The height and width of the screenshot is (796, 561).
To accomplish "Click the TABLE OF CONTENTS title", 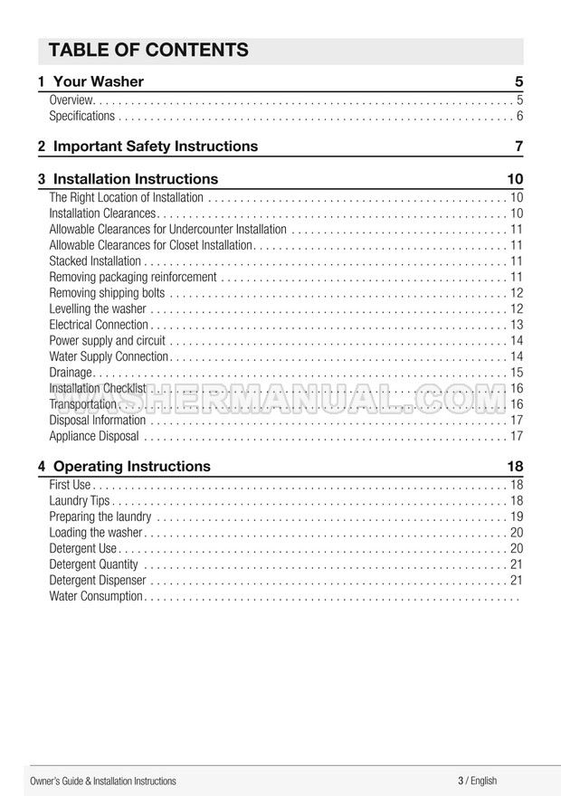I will point(147,50).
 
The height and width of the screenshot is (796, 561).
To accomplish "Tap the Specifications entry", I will point(82,116).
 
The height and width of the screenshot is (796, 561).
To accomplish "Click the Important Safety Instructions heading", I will point(155,146).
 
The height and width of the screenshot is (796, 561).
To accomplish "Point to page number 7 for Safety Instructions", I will point(518,146).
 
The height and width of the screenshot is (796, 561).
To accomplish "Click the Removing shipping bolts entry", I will point(107,292).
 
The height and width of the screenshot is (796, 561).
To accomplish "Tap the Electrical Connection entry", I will point(99,325).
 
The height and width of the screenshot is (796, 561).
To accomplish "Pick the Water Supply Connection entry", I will point(109,356).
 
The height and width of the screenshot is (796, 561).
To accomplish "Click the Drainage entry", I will point(71,372).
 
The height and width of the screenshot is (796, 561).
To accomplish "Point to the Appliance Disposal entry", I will point(94,436).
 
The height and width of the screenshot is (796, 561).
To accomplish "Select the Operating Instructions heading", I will point(132,467).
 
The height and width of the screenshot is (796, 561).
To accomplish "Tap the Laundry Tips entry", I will point(80,500).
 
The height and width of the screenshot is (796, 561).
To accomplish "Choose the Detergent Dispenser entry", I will point(97,580).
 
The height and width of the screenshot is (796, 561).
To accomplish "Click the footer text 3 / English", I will point(477,781).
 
